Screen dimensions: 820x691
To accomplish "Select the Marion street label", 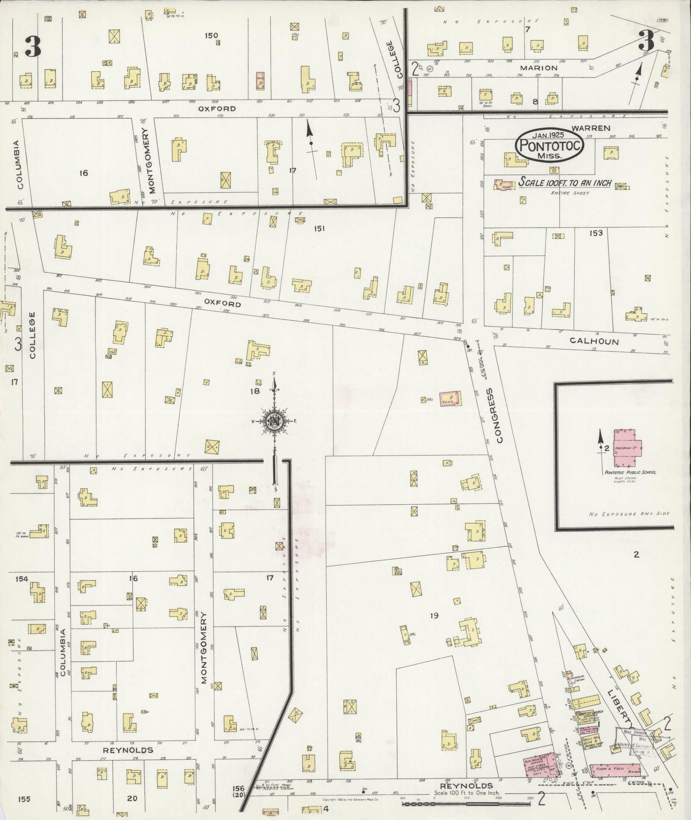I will [x=538, y=68].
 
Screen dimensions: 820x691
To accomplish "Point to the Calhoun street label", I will [x=594, y=342].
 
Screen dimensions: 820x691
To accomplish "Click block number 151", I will [x=319, y=229].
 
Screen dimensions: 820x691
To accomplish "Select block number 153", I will [x=596, y=233].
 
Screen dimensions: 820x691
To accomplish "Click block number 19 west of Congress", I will [x=434, y=615].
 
